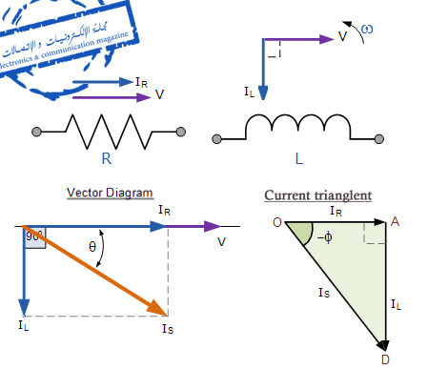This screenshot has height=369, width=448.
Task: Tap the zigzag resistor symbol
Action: pyautogui.click(x=108, y=130)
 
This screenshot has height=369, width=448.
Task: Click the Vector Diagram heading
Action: pyautogui.click(x=104, y=192)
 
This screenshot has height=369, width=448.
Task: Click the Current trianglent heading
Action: pyautogui.click(x=317, y=195)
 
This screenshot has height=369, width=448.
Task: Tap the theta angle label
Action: pyautogui.click(x=92, y=246)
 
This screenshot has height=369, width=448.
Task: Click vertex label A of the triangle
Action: pyautogui.click(x=395, y=221)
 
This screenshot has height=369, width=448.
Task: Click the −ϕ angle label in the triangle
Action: pyautogui.click(x=326, y=237)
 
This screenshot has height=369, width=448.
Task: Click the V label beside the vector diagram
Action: pyautogui.click(x=222, y=241)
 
